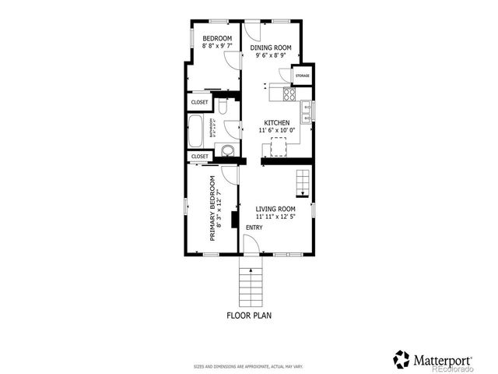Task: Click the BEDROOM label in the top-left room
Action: click(x=217, y=39)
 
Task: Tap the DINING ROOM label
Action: click(x=271, y=48)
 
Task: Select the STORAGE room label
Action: click(x=302, y=76)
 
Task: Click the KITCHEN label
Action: click(x=277, y=123)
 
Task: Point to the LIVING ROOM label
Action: click(x=276, y=209)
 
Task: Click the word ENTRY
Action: click(x=254, y=228)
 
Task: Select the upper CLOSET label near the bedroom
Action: click(x=199, y=102)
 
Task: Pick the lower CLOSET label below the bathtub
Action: click(x=199, y=157)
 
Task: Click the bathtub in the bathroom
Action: click(x=195, y=132)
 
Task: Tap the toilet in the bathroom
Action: click(x=223, y=105)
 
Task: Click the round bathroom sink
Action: click(x=227, y=151)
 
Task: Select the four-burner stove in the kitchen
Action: click(x=288, y=94)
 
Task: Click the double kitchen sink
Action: click(x=307, y=111)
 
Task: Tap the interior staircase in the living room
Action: click(x=302, y=185)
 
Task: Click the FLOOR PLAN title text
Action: click(x=249, y=316)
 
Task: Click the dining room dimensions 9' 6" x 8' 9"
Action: click(x=271, y=56)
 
